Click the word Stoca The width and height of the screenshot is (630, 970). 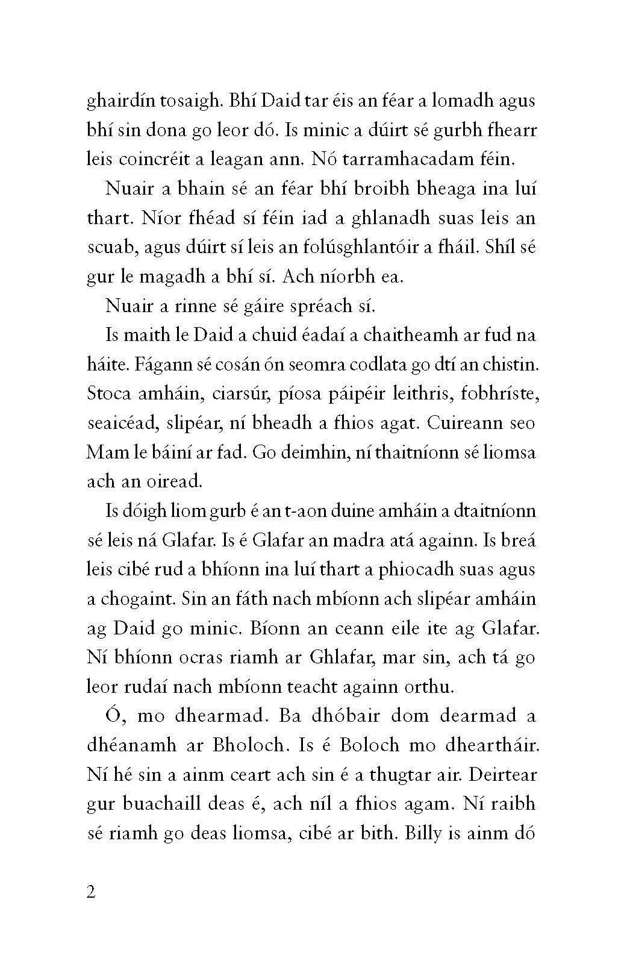tap(112, 394)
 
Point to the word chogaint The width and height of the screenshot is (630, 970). tap(133, 599)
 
